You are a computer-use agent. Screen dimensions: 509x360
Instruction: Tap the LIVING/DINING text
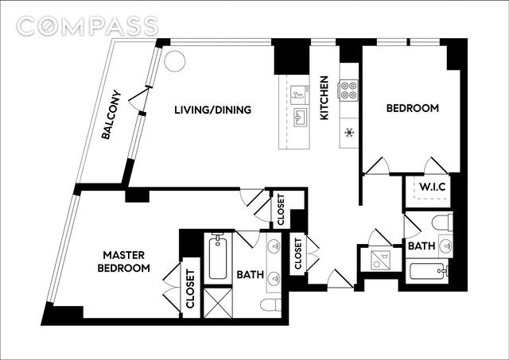213,110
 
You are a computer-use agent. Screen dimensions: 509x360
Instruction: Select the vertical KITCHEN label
324,99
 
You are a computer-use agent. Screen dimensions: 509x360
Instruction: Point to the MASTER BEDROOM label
124,261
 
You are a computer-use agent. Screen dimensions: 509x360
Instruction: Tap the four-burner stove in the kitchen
348,91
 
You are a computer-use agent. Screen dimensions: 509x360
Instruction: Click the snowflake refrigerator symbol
348,132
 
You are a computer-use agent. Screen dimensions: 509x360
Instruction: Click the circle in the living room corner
174,60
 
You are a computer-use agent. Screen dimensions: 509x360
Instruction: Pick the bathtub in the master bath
218,257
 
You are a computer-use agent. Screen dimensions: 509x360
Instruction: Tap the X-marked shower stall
217,303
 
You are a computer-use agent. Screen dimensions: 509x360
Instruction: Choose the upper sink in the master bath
274,246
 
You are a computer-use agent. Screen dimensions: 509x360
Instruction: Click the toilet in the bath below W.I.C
443,222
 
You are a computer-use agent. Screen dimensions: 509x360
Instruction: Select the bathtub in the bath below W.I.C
428,272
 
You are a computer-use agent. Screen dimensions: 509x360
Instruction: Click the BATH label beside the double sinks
250,275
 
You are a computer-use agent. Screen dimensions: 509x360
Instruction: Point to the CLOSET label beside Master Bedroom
191,289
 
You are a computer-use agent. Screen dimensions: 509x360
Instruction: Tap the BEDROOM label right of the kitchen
412,109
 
